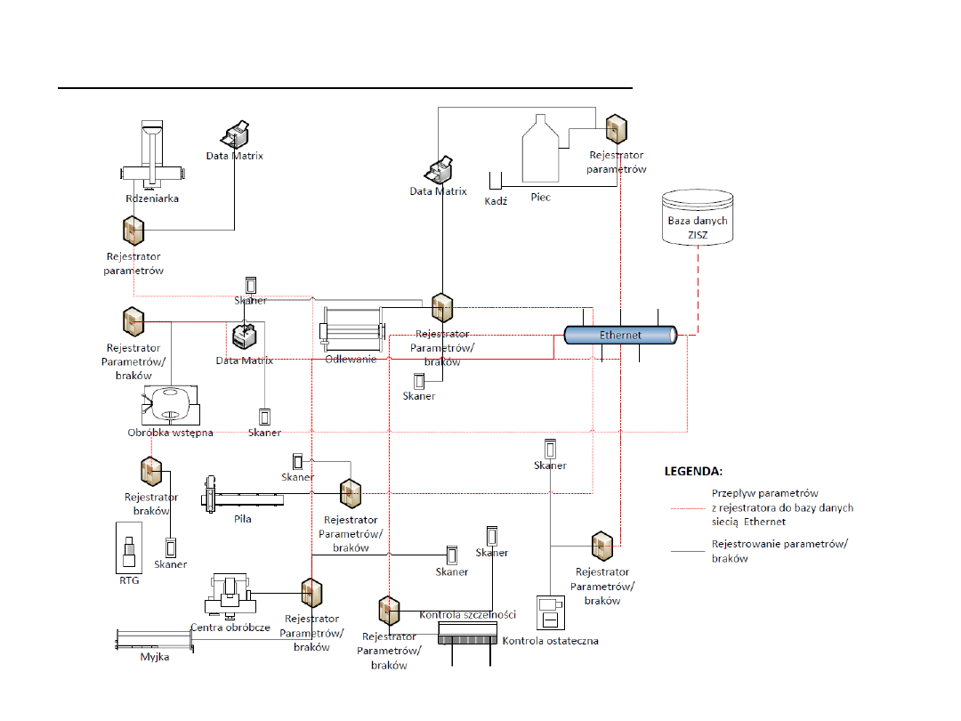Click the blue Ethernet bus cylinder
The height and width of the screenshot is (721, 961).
620,335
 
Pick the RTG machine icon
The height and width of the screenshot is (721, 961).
129,547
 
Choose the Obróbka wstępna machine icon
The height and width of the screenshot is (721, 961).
170,406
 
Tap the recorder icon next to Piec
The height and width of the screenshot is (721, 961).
615,129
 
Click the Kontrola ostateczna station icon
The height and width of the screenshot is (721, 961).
549,614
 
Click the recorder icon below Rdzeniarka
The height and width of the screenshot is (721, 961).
133,231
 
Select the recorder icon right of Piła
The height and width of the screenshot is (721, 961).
348,492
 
